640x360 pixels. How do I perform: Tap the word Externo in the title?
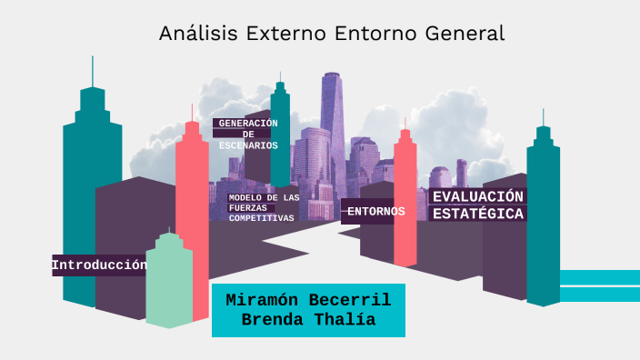coord(270,35)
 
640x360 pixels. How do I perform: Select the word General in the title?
coord(465,35)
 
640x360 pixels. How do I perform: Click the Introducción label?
coord(99,265)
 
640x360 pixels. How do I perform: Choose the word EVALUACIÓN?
coord(478,197)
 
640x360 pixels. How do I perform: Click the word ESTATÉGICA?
coord(478,215)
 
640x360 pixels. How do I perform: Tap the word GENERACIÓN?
coord(248,124)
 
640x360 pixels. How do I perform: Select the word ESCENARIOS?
coord(248,145)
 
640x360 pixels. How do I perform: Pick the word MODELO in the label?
coord(245,197)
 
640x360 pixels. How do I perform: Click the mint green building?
coord(169,282)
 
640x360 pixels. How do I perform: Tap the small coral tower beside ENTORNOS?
coord(405,200)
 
